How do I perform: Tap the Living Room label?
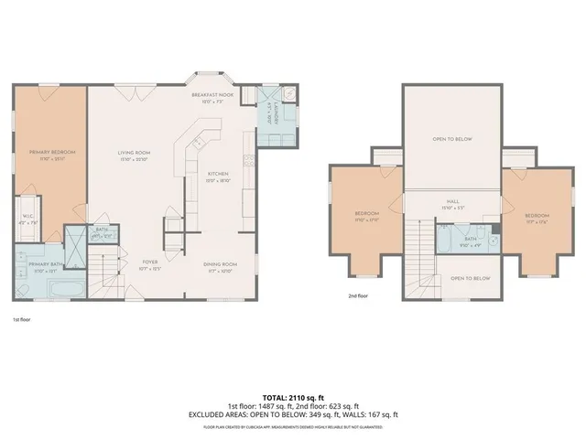click(134, 152)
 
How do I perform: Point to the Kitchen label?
click(218, 173)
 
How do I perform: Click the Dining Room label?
click(220, 264)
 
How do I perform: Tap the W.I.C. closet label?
click(27, 217)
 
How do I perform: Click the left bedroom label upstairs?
click(366, 214)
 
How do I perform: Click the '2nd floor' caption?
click(358, 296)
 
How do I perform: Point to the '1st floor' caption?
click(22, 320)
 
